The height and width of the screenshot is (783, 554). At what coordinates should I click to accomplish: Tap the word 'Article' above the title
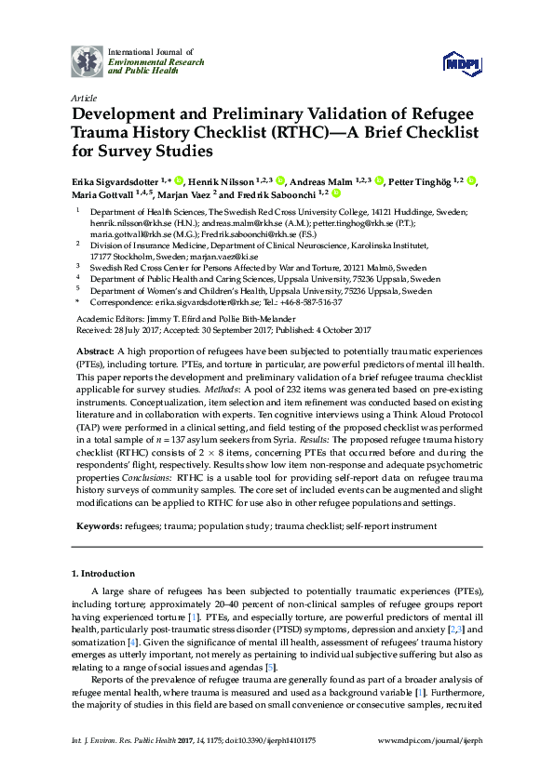click(84, 97)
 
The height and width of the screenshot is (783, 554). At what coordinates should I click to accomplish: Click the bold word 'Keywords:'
click(101, 525)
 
